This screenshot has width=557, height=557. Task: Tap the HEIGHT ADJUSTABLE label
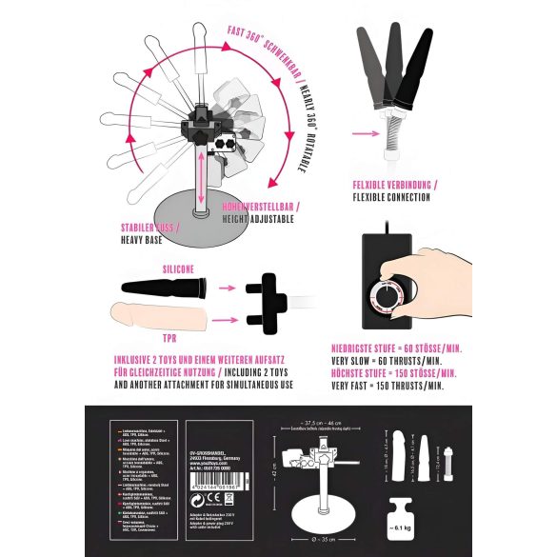(x=256, y=218)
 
